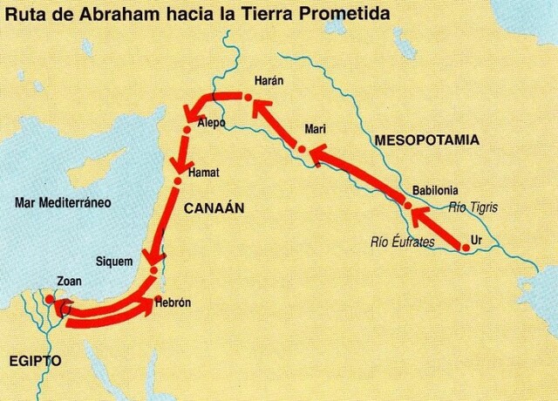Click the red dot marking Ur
(x=465, y=248)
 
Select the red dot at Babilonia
(x=407, y=204)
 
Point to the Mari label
(x=315, y=129)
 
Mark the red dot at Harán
(x=248, y=102)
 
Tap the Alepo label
(x=212, y=124)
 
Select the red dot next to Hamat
(x=177, y=181)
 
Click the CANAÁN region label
(x=214, y=207)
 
